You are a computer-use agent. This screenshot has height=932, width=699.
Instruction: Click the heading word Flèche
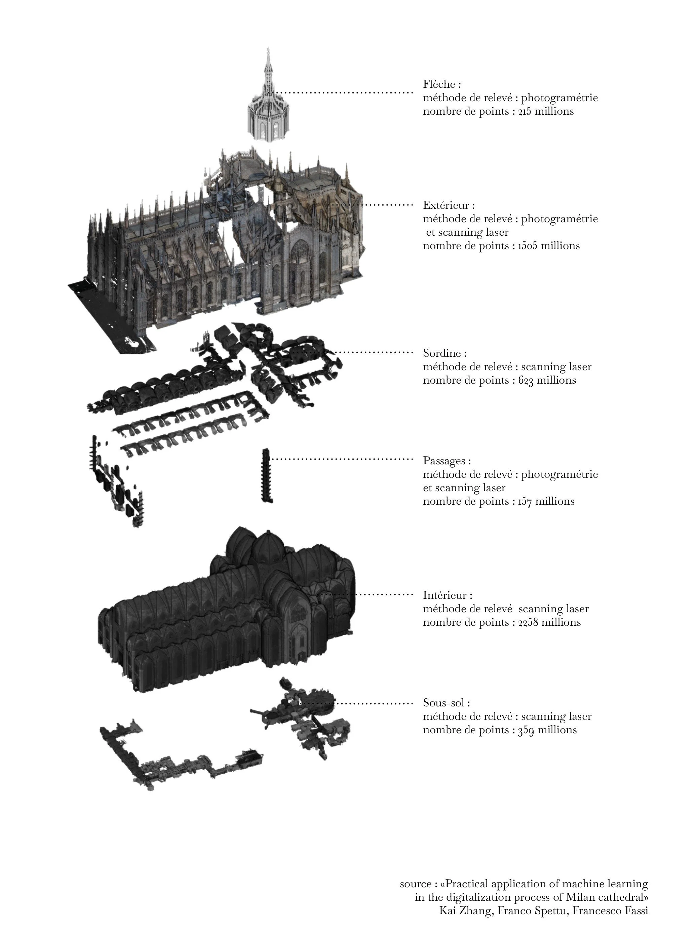438,84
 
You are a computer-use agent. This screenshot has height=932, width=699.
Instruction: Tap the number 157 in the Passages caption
525,501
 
